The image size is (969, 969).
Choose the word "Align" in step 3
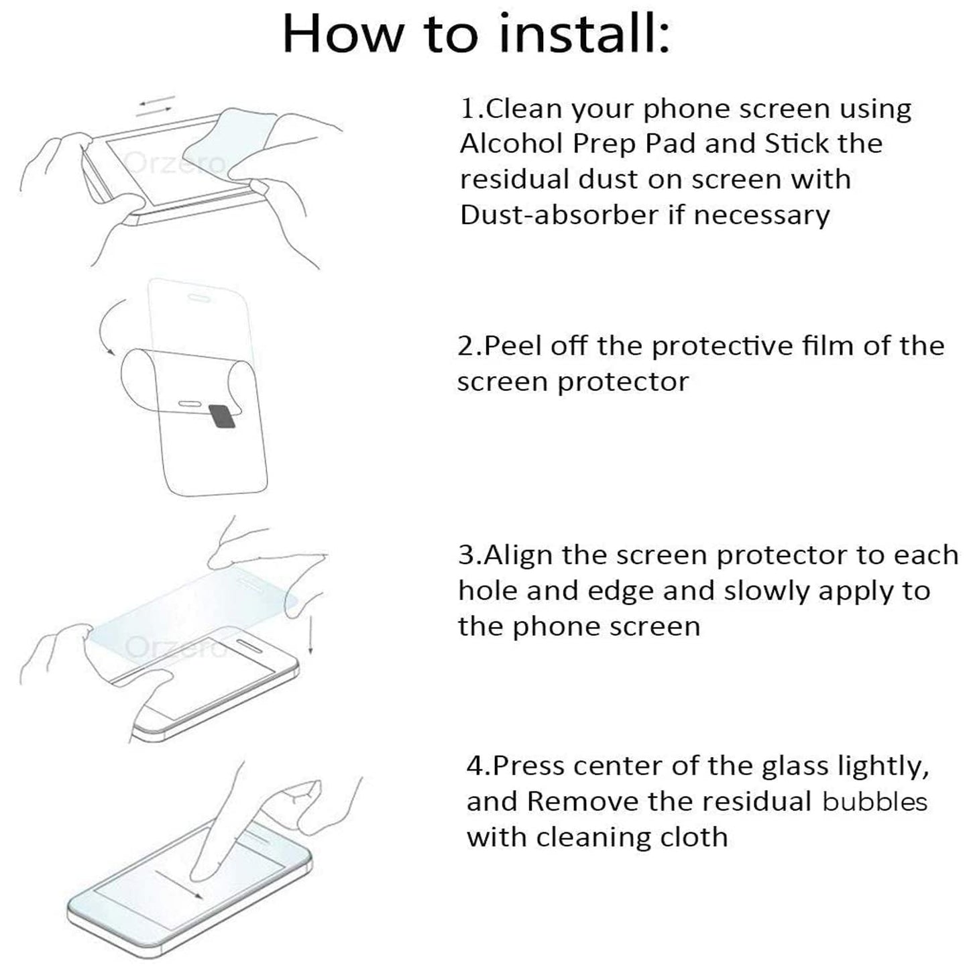(x=519, y=555)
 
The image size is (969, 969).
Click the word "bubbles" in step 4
(x=874, y=801)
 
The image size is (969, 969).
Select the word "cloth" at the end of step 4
(x=695, y=837)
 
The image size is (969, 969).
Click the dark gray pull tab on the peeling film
(x=221, y=416)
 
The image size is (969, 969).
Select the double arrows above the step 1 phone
(x=156, y=106)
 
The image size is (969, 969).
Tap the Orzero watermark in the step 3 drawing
(x=176, y=646)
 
